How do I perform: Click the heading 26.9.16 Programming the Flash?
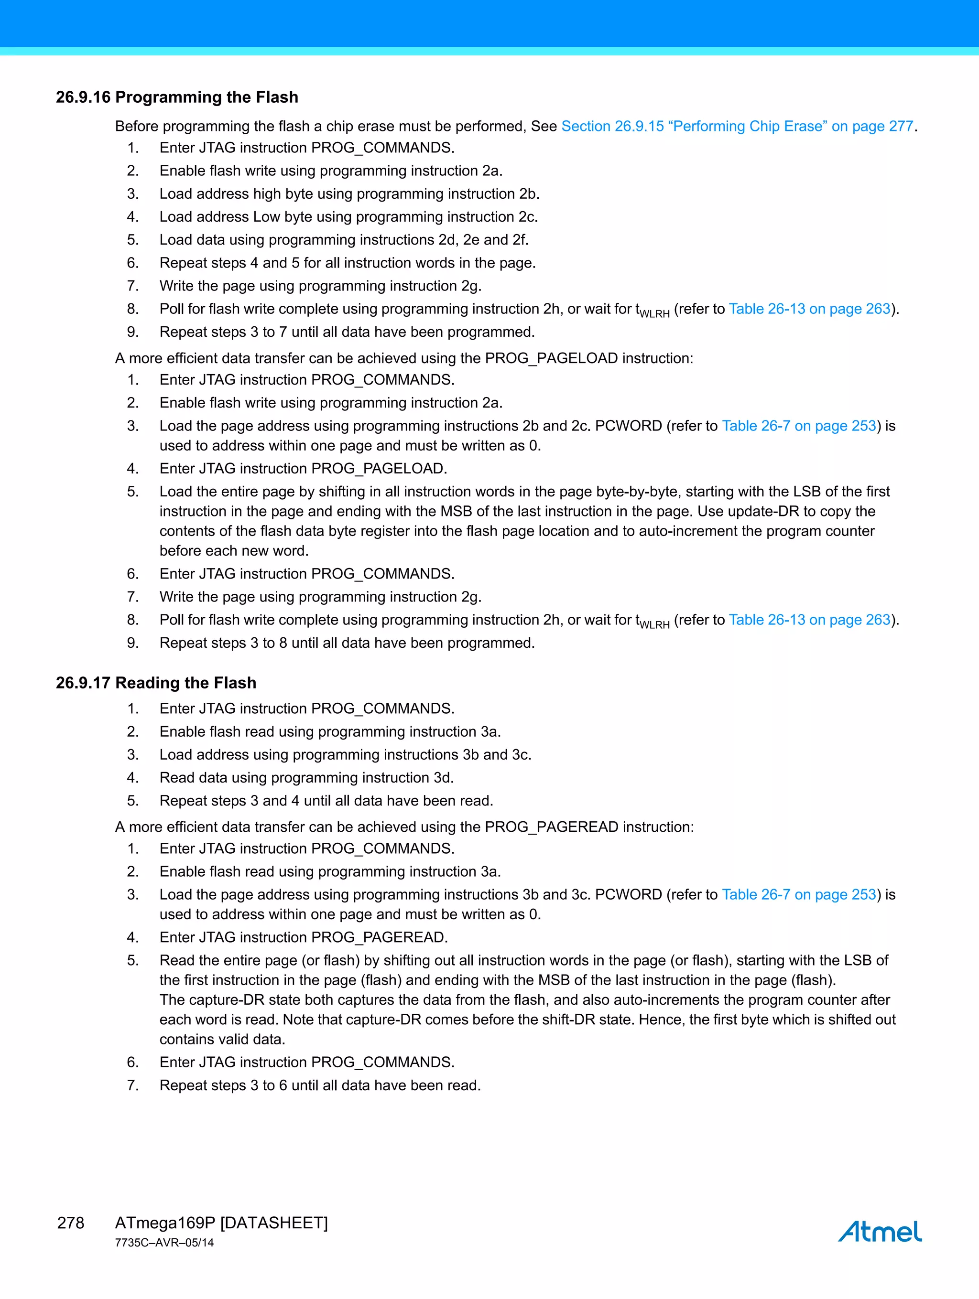(x=177, y=97)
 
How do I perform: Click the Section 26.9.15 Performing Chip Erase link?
(x=737, y=126)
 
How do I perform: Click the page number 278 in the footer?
(x=71, y=1223)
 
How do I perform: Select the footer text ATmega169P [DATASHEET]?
(x=221, y=1223)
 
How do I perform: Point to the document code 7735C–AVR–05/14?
(x=164, y=1243)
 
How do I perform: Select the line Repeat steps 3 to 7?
(x=347, y=332)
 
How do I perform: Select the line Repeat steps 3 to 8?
(x=347, y=643)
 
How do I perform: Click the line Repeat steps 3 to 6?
(x=320, y=1085)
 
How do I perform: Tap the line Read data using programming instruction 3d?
(x=306, y=777)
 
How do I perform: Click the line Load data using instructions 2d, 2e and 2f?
(x=344, y=240)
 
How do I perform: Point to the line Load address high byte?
(x=349, y=194)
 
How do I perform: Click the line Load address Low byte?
(x=348, y=217)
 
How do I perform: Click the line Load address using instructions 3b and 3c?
(x=345, y=755)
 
